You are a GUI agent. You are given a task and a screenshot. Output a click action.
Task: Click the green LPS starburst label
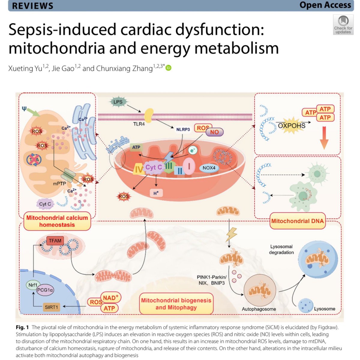tap(118, 102)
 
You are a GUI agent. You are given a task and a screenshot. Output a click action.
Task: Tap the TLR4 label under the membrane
tap(139, 124)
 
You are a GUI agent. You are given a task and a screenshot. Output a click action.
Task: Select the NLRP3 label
tap(183, 130)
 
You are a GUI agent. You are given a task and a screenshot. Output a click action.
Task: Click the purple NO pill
tap(214, 132)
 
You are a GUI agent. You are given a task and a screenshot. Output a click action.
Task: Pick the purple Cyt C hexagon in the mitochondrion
tap(154, 167)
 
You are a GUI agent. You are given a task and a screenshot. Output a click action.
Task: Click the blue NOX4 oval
tap(209, 168)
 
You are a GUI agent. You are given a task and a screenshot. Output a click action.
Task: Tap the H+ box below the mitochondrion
tap(156, 193)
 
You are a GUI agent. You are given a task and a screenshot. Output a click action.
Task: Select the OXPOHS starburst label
tap(292, 126)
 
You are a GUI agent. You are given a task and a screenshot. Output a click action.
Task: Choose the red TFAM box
tap(55, 241)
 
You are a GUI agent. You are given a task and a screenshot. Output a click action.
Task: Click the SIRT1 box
tap(51, 307)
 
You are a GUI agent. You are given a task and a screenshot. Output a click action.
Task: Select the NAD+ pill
tap(110, 298)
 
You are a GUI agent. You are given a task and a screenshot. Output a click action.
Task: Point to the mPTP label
tap(59, 184)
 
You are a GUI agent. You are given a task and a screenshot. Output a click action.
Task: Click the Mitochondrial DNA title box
tap(297, 221)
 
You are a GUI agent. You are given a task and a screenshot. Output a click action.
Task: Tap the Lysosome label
tap(325, 309)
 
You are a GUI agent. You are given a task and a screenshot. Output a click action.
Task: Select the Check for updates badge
tap(343, 25)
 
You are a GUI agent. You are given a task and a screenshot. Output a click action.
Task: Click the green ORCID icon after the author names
tap(169, 68)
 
